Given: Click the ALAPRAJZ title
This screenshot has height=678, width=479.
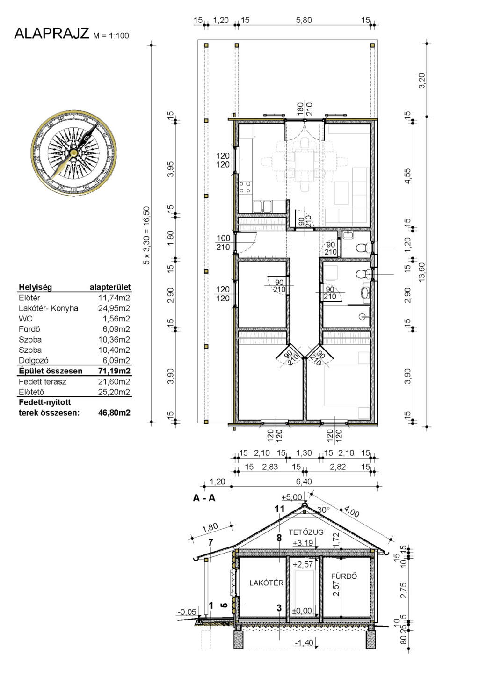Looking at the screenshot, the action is coord(51,34).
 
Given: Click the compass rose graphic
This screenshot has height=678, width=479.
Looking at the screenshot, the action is coord(73,153).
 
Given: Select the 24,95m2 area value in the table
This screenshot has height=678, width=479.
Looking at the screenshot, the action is coord(114,308).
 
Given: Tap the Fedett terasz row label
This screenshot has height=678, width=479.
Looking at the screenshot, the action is coord(43,381).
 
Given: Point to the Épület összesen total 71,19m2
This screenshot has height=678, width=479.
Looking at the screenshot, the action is coord(114,371).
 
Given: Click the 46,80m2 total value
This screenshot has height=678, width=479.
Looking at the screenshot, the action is coord(114,413).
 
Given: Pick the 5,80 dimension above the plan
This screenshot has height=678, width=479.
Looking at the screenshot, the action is coord(304,20).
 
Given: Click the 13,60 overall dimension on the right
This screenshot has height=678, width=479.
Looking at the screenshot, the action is coord(422,272).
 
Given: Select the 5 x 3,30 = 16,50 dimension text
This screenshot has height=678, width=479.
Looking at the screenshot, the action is coord(147,235).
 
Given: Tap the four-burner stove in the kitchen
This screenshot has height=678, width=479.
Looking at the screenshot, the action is coord(245,187).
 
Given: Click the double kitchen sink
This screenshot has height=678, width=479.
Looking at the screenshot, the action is coord(262,207).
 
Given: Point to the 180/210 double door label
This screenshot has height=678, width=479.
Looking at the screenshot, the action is coord(305,110).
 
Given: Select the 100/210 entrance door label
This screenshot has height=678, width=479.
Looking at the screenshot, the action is coord(223,243).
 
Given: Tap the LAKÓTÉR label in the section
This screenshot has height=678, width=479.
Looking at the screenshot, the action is coord(266,583).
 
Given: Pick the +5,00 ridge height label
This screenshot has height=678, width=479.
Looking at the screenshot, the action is coord(292,497).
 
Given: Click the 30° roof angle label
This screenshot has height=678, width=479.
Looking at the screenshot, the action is coord(324,510).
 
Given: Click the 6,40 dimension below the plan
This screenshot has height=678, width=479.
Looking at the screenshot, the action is coord(305,481).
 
